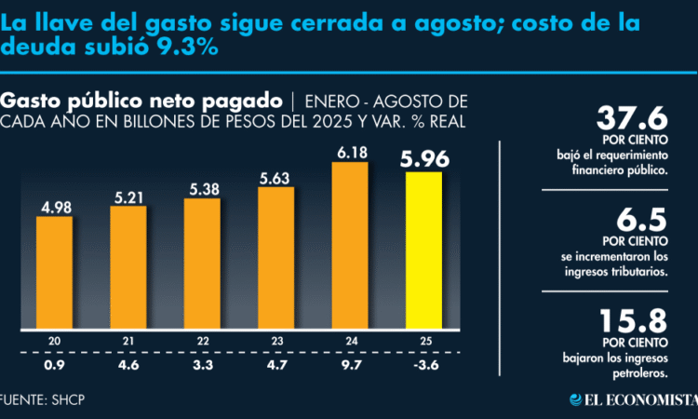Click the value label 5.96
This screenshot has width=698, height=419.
(x=424, y=159)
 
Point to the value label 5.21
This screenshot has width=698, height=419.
(x=128, y=196)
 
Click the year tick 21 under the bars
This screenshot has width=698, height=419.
(x=128, y=342)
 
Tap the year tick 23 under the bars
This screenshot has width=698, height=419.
(x=276, y=342)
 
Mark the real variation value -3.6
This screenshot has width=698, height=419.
(x=423, y=364)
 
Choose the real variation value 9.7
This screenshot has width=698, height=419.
(x=350, y=364)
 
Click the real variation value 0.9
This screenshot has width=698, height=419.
(x=55, y=364)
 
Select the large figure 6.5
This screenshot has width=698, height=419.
(x=643, y=221)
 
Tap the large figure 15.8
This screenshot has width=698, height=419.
(x=634, y=322)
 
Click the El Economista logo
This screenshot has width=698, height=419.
(x=633, y=400)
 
